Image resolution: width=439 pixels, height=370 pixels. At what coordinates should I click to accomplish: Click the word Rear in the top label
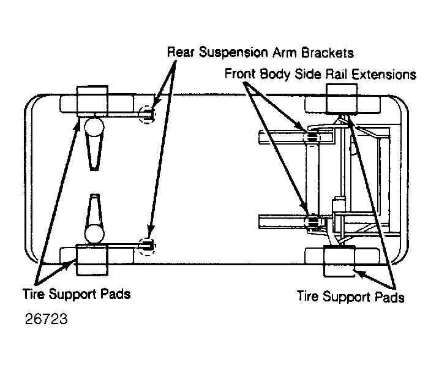(181, 53)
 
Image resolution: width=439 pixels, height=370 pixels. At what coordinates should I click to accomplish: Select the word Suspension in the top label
(233, 53)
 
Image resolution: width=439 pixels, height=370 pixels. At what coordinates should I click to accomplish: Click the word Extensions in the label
(384, 75)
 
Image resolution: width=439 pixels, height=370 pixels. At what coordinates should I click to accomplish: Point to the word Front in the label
(240, 74)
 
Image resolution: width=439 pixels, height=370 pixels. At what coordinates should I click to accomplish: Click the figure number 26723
(46, 319)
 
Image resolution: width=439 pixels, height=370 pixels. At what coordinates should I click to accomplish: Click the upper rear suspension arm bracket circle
(147, 115)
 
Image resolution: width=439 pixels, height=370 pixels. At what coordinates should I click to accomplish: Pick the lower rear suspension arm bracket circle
(148, 246)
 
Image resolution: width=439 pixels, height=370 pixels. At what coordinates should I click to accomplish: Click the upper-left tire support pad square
(92, 101)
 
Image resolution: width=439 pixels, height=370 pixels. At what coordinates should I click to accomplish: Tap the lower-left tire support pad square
(92, 260)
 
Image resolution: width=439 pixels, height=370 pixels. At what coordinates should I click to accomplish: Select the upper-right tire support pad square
(342, 99)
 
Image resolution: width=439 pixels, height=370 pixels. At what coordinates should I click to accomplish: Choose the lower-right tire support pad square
(339, 262)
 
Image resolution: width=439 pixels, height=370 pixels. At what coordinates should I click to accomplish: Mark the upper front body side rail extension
(311, 137)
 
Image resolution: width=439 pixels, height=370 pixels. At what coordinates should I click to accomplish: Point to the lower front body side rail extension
(312, 221)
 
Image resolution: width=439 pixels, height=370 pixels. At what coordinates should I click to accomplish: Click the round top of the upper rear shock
(94, 127)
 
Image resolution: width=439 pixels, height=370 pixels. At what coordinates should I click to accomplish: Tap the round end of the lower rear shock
(94, 233)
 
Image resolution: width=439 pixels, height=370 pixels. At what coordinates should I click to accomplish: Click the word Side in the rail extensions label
(307, 74)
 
